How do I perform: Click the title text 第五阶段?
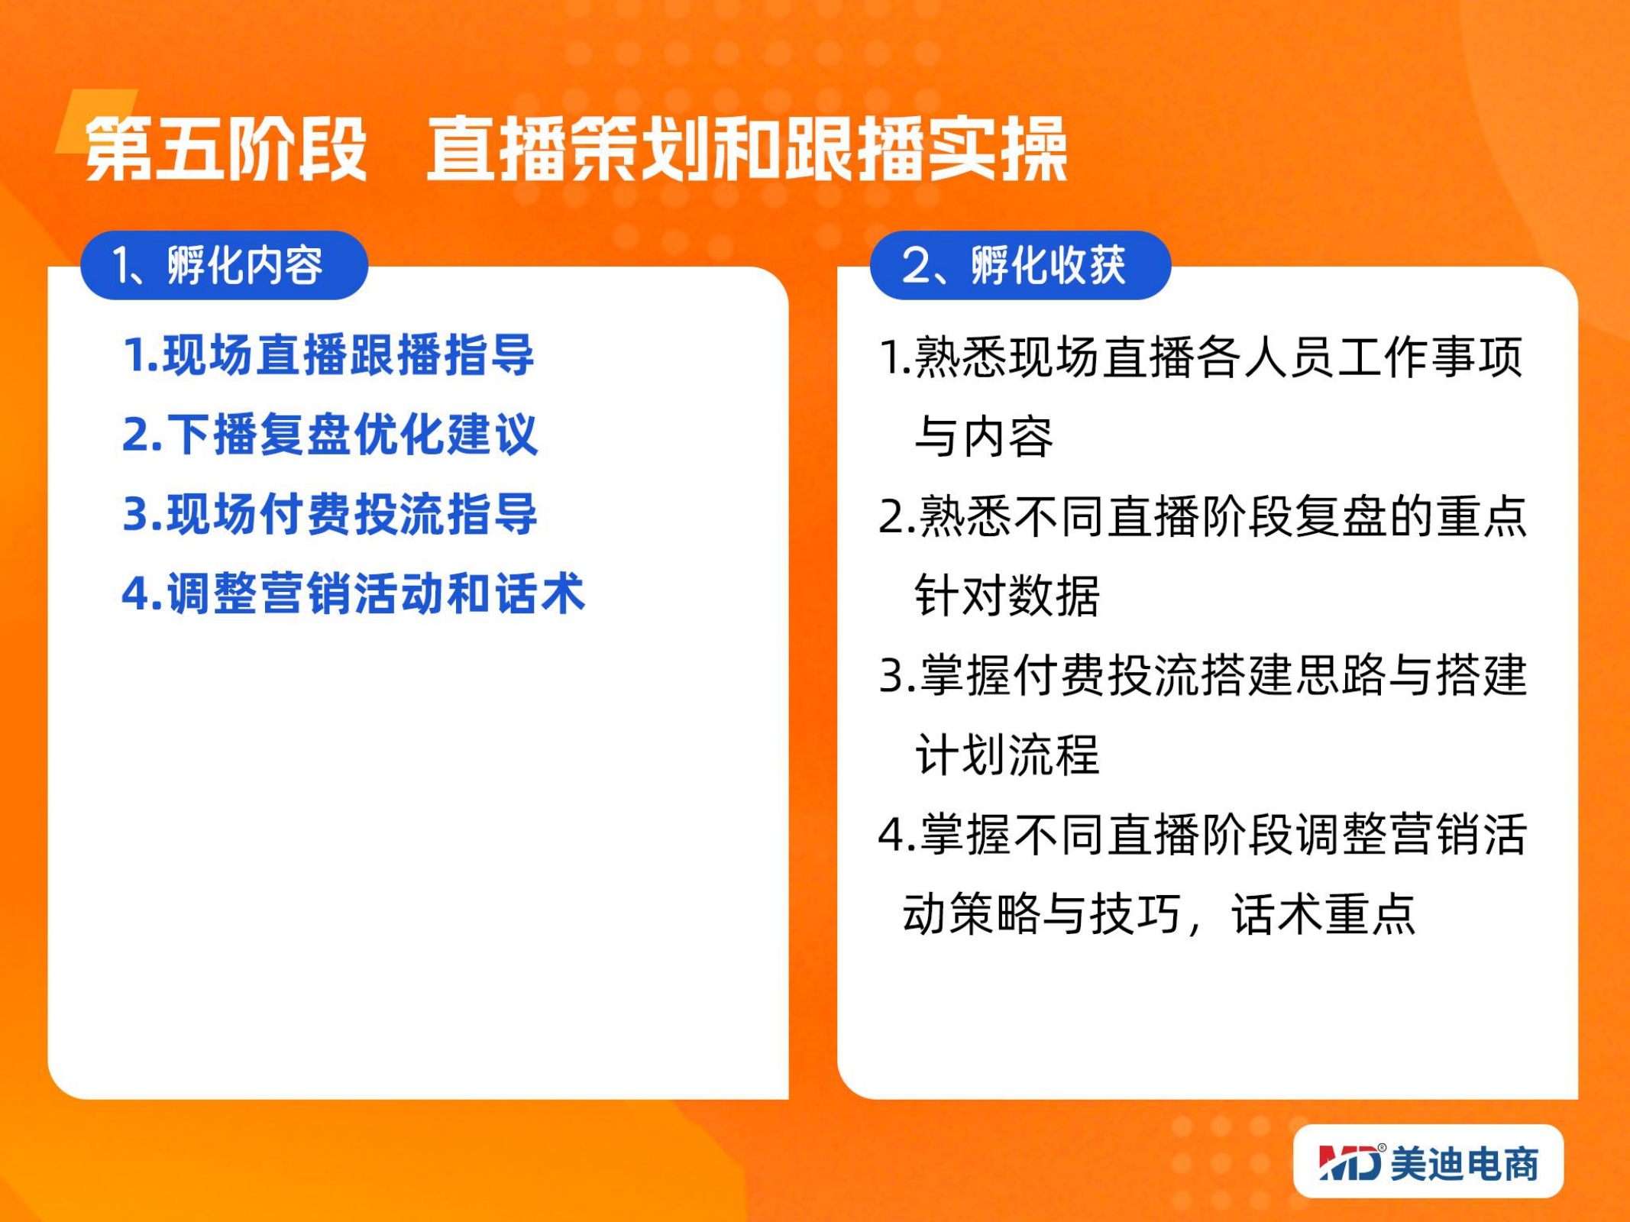(226, 149)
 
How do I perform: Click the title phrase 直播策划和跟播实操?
(746, 149)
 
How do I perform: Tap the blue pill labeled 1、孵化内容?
(224, 265)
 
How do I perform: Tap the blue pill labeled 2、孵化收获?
(1020, 265)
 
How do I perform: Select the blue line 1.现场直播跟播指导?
(328, 355)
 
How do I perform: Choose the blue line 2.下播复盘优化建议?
(330, 435)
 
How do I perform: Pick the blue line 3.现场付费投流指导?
(330, 514)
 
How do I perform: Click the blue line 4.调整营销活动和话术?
(354, 593)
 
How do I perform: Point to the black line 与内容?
(984, 437)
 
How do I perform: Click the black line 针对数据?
(1007, 596)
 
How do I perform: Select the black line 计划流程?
(1007, 755)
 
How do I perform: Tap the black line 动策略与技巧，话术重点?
(1159, 913)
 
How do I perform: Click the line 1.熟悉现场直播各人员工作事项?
(1201, 357)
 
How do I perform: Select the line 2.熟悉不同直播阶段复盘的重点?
(1203, 516)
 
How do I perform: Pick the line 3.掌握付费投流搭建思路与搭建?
(1203, 675)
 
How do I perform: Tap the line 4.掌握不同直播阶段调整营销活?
(1203, 834)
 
